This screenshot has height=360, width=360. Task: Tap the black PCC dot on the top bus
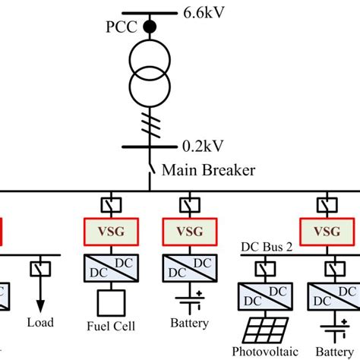tap(150, 26)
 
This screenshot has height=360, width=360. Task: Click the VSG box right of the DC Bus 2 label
tap(326, 230)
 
